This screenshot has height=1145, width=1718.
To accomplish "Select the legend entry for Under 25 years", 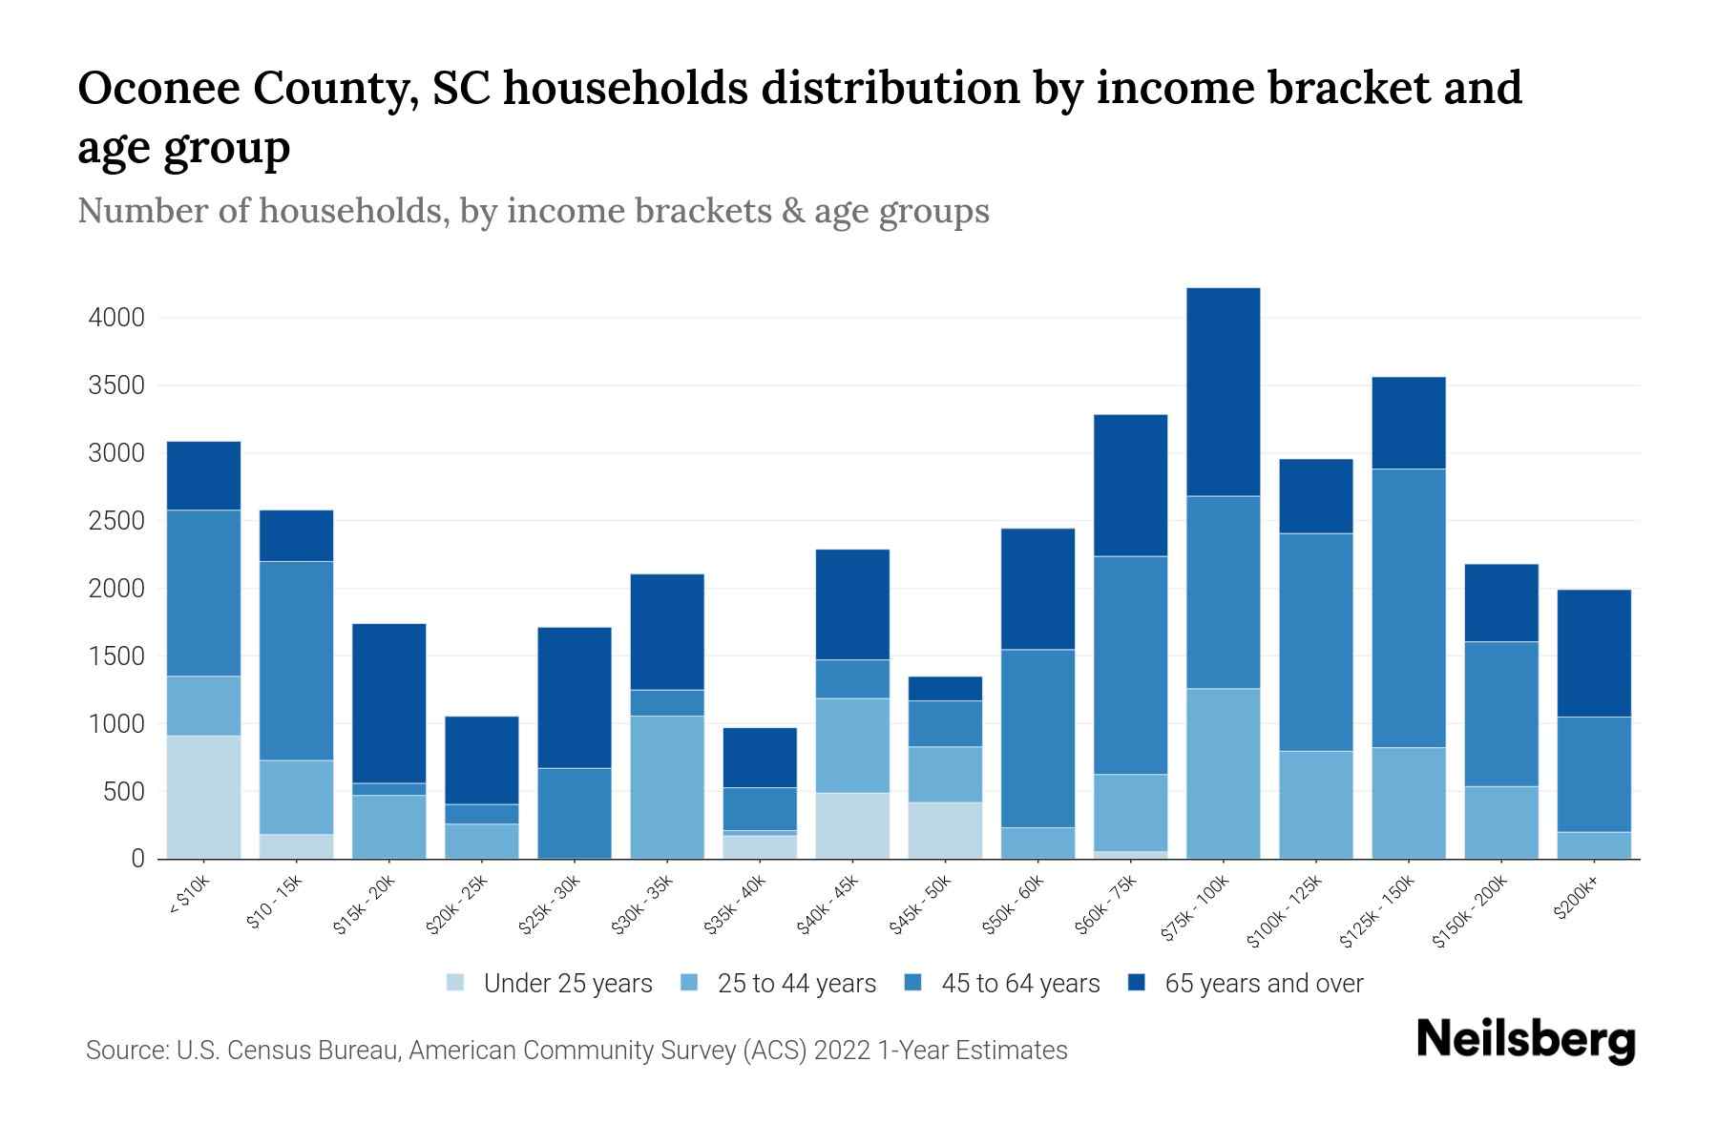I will coord(567,984).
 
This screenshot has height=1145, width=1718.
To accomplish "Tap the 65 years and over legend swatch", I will coord(1136,983).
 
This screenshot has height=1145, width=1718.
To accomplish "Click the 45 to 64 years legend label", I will coord(1020,984).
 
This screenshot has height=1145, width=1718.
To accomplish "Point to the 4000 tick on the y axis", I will coord(116,318).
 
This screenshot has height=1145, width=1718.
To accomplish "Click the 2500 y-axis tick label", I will coord(116,521).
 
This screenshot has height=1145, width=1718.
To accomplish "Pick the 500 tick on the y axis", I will coord(124,792).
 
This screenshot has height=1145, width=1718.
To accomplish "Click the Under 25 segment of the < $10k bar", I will coord(203,797).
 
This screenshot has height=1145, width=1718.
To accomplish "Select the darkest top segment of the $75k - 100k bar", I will coord(1223,391).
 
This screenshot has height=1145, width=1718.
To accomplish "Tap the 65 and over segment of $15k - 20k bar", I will coord(388,703).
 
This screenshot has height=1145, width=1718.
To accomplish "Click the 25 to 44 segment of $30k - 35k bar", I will coord(667,787).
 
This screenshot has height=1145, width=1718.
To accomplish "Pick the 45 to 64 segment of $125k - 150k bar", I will coord(1408,608).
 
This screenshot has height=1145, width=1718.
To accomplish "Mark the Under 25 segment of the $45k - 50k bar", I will coord(945,830).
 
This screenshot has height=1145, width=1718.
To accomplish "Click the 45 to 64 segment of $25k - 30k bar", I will coord(575,813).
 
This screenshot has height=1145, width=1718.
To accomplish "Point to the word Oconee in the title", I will coord(153,89).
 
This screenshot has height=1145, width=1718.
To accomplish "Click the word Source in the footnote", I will coord(124,1051).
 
